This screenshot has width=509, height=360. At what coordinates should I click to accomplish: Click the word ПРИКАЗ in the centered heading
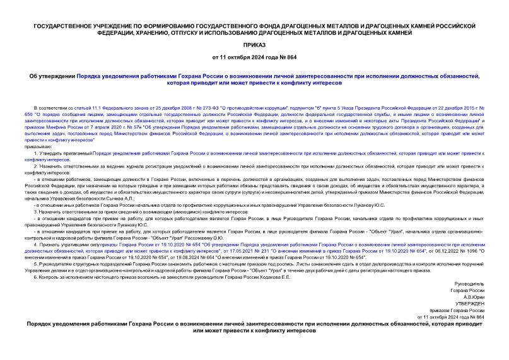[254, 45]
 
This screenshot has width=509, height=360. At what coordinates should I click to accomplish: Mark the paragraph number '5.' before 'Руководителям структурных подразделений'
[35, 264]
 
